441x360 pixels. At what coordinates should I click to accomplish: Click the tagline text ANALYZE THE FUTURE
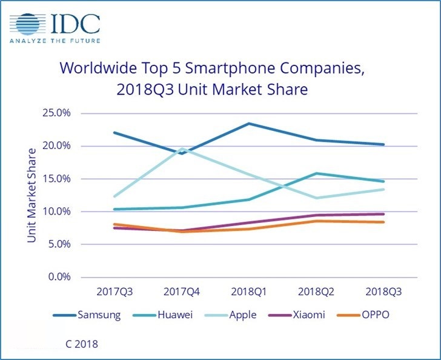click(55, 42)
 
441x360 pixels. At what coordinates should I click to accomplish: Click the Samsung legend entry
click(93, 315)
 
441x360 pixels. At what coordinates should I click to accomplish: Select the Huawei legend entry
click(168, 315)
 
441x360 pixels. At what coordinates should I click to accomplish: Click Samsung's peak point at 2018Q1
click(248, 124)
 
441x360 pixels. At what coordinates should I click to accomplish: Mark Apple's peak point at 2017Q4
click(181, 148)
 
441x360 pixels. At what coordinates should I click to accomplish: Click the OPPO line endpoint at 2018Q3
click(383, 222)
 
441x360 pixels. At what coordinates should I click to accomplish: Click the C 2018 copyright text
click(81, 344)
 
